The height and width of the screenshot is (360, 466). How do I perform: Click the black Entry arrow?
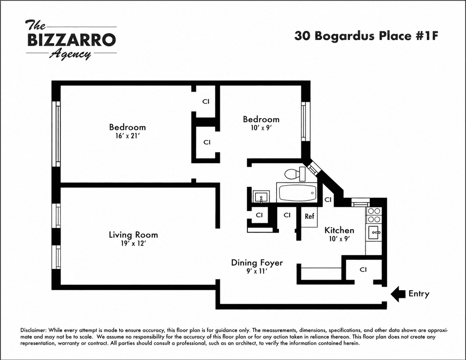coord(397,294)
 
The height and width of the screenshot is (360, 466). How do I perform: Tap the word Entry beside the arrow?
coord(419,294)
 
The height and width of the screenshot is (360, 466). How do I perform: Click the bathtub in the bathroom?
coord(297,192)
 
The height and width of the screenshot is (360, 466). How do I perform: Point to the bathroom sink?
coord(261,197)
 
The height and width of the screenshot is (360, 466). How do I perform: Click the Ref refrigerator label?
coord(310,216)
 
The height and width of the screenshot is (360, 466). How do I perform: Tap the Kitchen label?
coord(339,230)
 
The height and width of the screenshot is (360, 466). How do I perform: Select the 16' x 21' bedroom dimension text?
coord(128,136)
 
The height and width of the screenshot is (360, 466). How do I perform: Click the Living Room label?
coord(133,235)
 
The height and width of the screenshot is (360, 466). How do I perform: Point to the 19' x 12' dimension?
coord(133,244)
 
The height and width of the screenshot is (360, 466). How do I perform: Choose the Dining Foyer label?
coord(257,263)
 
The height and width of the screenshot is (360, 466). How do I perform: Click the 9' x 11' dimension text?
coord(257,271)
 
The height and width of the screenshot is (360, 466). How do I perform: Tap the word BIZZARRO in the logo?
coord(71,40)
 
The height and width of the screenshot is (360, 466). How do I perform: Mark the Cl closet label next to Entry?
coord(363,270)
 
